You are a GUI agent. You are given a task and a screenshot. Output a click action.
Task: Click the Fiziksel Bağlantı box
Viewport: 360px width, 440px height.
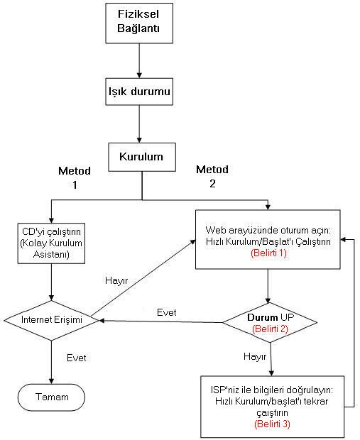pos(139,23)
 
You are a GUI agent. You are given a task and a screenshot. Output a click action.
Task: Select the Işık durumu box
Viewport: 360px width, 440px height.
pos(139,92)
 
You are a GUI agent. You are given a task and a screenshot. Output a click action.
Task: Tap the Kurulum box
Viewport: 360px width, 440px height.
pos(142,157)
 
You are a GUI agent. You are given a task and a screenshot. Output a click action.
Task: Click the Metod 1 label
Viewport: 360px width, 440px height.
pos(75,177)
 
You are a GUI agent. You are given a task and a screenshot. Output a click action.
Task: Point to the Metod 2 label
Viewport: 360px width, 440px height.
pos(212,176)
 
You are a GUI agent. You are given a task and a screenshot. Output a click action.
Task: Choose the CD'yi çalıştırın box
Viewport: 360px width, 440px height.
pos(51,243)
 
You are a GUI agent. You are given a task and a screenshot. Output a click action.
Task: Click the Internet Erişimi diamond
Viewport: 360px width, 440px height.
pos(51,320)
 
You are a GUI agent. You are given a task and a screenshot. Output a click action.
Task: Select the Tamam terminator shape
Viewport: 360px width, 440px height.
pos(51,397)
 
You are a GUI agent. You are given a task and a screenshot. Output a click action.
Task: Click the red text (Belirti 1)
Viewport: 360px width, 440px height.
pos(268,253)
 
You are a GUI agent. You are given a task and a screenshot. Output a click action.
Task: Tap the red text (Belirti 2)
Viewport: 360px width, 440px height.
pos(270,329)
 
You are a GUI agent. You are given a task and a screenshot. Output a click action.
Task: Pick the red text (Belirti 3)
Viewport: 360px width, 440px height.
pos(272,424)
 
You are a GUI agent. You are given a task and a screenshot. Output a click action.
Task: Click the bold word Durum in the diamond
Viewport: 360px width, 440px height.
pos(263,317)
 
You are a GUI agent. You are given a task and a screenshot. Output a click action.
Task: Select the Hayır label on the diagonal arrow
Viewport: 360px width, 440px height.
pos(116,280)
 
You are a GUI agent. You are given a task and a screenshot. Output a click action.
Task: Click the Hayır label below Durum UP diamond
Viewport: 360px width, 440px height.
pos(255,357)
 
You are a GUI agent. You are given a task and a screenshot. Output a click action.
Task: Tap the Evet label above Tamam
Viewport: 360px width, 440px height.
pos(77,358)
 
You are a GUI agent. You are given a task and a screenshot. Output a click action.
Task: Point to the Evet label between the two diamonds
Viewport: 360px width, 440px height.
pos(167,312)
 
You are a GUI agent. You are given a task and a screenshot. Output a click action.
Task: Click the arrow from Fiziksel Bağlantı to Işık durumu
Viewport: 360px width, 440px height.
pos(139,60)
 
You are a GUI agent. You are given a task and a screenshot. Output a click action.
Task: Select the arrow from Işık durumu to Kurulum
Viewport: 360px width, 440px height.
pos(139,124)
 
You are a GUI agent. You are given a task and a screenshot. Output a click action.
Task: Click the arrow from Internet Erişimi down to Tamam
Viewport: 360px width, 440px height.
pos(51,362)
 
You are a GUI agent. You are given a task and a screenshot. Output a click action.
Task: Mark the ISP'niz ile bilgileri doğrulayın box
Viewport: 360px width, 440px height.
pos(273,407)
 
